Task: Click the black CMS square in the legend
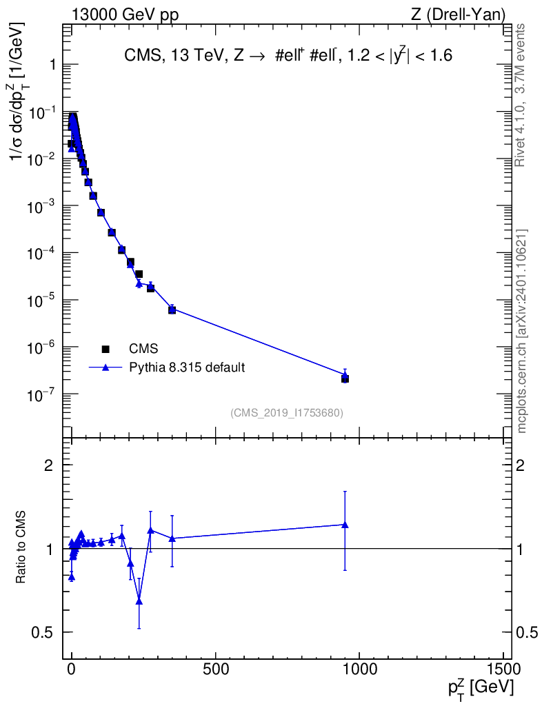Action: pos(106,349)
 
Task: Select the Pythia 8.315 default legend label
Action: pos(187,367)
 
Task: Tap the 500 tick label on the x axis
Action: pos(216,669)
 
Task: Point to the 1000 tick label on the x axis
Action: pos(360,669)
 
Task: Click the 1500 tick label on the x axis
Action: pos(504,669)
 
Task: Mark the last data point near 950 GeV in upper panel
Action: pos(345,379)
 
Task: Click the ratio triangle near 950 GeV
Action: pos(345,525)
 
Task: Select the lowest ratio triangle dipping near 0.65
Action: pos(139,601)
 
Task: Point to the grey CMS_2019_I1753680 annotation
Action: pos(287,413)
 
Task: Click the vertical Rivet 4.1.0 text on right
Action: pos(521,95)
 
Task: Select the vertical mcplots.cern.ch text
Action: pos(521,332)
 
